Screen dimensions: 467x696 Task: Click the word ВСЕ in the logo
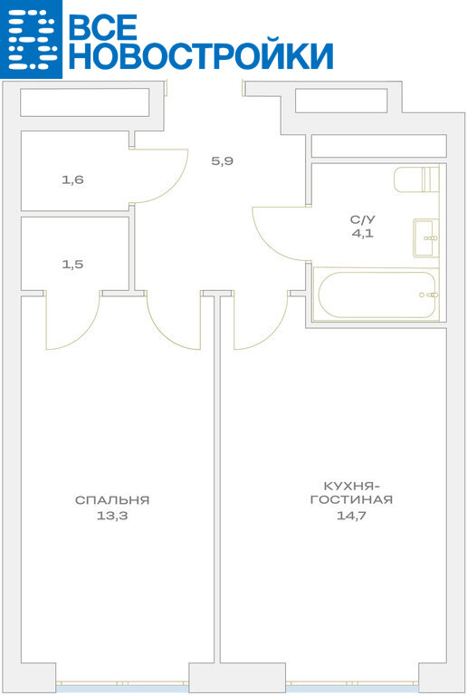click(103, 26)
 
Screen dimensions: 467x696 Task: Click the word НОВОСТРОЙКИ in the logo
click(201, 56)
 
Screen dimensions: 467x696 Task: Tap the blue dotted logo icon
click(31, 39)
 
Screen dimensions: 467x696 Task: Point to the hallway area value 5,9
click(223, 161)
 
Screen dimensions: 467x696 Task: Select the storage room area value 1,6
click(73, 180)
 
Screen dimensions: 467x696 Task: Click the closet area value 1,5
click(73, 265)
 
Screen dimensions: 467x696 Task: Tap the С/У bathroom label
click(362, 219)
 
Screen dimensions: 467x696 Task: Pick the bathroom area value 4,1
click(362, 234)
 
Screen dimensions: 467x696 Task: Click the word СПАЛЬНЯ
click(112, 500)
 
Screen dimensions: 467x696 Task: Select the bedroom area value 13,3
click(112, 516)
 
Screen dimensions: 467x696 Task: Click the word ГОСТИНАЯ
click(351, 500)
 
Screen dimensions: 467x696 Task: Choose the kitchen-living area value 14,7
click(351, 516)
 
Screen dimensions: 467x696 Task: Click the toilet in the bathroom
click(416, 179)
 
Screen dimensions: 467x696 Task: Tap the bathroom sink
click(426, 238)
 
